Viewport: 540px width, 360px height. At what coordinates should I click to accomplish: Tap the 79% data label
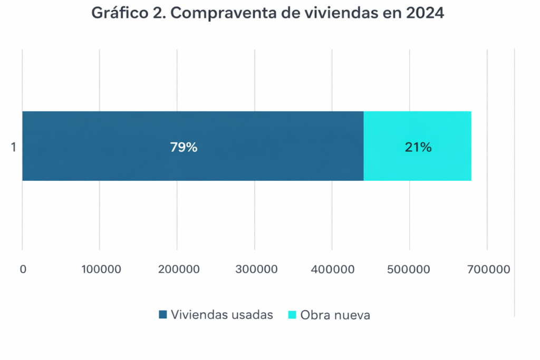(184, 148)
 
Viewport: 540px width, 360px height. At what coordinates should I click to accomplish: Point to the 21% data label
(418, 148)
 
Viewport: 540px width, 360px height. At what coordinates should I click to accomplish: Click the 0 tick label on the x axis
(23, 269)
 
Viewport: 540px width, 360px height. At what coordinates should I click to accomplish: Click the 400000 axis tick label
(332, 269)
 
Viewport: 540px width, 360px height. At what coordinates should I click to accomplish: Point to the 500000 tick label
(410, 269)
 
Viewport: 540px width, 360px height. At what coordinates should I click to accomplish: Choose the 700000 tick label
(487, 269)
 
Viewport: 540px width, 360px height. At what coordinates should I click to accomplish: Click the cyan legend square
(292, 315)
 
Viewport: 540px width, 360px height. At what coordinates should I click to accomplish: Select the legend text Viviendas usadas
(221, 315)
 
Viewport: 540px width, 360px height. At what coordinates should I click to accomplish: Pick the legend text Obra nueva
(335, 315)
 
